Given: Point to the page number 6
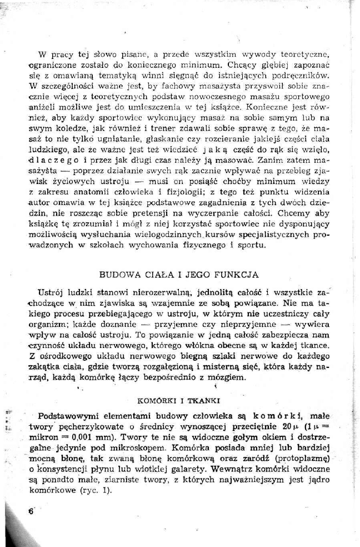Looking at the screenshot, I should (x=31, y=511).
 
